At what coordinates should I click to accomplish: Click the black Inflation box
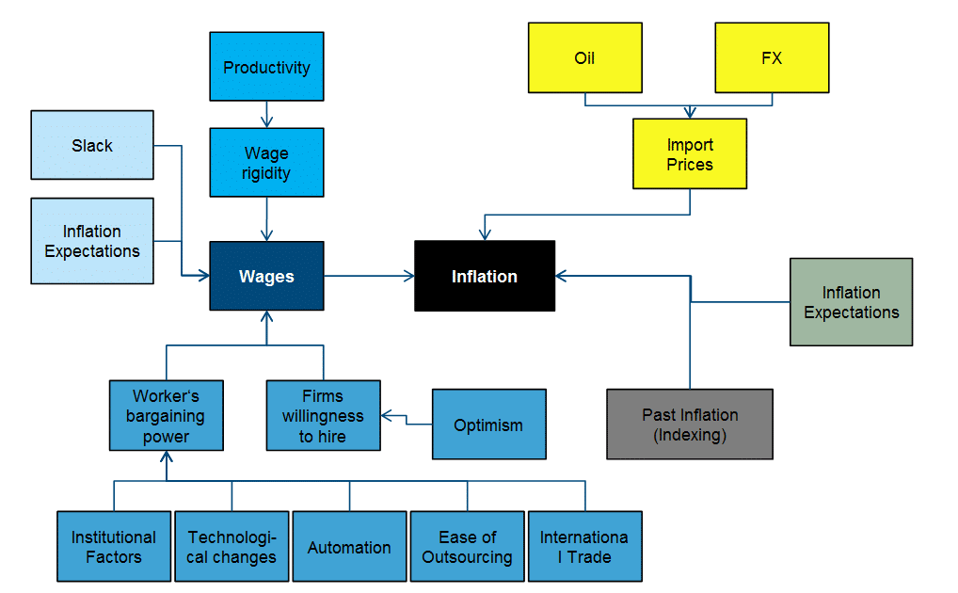coord(485,276)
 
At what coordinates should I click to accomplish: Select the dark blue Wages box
coord(266,276)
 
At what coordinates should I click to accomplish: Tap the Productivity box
coord(266,67)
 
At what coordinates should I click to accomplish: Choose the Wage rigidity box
coord(266,163)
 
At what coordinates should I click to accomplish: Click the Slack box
coord(92,145)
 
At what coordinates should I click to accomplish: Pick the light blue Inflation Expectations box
coord(92,241)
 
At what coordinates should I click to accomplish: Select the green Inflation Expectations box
coord(851,302)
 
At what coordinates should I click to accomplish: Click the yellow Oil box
coord(584,58)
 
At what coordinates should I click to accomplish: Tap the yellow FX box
coord(772,58)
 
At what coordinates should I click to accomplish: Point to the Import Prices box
coord(690,154)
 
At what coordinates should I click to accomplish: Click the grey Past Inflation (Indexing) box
coord(689,425)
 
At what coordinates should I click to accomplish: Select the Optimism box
coord(488,425)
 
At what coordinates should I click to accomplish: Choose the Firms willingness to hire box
coord(323,416)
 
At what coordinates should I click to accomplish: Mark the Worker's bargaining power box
coord(167,416)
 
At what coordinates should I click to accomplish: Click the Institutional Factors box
coord(114,547)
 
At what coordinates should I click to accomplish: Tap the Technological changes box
coord(232,547)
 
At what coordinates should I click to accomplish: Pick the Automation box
coord(349,547)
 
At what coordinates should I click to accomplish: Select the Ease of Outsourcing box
coord(467,547)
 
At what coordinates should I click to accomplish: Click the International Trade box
coord(584,547)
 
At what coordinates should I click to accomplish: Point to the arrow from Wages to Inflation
coord(369,276)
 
